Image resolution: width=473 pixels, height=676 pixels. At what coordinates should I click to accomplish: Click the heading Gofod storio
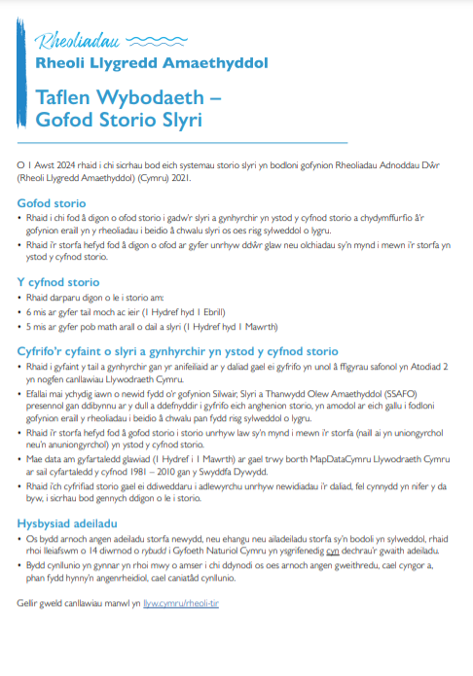click(x=52, y=203)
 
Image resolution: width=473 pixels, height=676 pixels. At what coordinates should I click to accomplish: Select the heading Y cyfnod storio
click(x=59, y=282)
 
